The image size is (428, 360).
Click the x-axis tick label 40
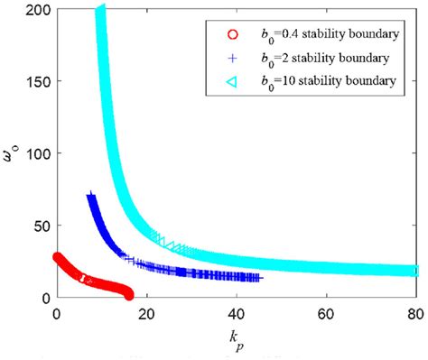pyautogui.click(x=236, y=312)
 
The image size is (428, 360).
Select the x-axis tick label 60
pyautogui.click(x=326, y=312)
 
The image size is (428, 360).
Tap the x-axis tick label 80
pyautogui.click(x=415, y=312)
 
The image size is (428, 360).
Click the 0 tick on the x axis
pyautogui.click(x=56, y=312)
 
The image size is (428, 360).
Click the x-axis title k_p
pyautogui.click(x=236, y=335)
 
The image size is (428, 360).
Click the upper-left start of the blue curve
pyautogui.click(x=89, y=196)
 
